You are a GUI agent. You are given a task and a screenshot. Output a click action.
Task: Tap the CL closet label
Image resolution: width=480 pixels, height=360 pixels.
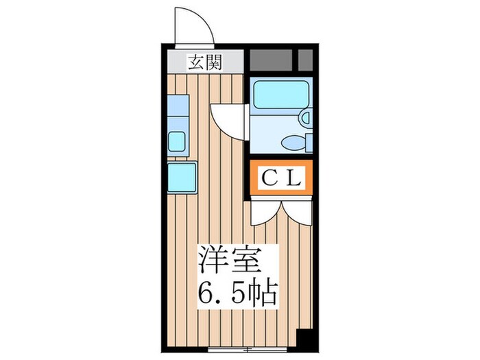(281, 179)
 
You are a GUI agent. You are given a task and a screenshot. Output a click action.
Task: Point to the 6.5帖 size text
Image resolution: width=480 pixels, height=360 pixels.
(237, 295)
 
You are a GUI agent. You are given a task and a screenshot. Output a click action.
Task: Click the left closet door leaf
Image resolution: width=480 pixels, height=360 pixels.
(265, 210)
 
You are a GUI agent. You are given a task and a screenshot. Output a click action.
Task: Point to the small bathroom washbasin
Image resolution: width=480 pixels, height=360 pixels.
(305, 119)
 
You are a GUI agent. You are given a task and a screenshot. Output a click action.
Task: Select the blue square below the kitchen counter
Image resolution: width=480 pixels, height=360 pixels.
(182, 176)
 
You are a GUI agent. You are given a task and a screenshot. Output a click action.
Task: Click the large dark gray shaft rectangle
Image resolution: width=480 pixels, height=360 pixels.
(271, 61)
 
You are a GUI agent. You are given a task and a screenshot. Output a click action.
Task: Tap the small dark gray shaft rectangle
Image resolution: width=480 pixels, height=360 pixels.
(306, 60)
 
